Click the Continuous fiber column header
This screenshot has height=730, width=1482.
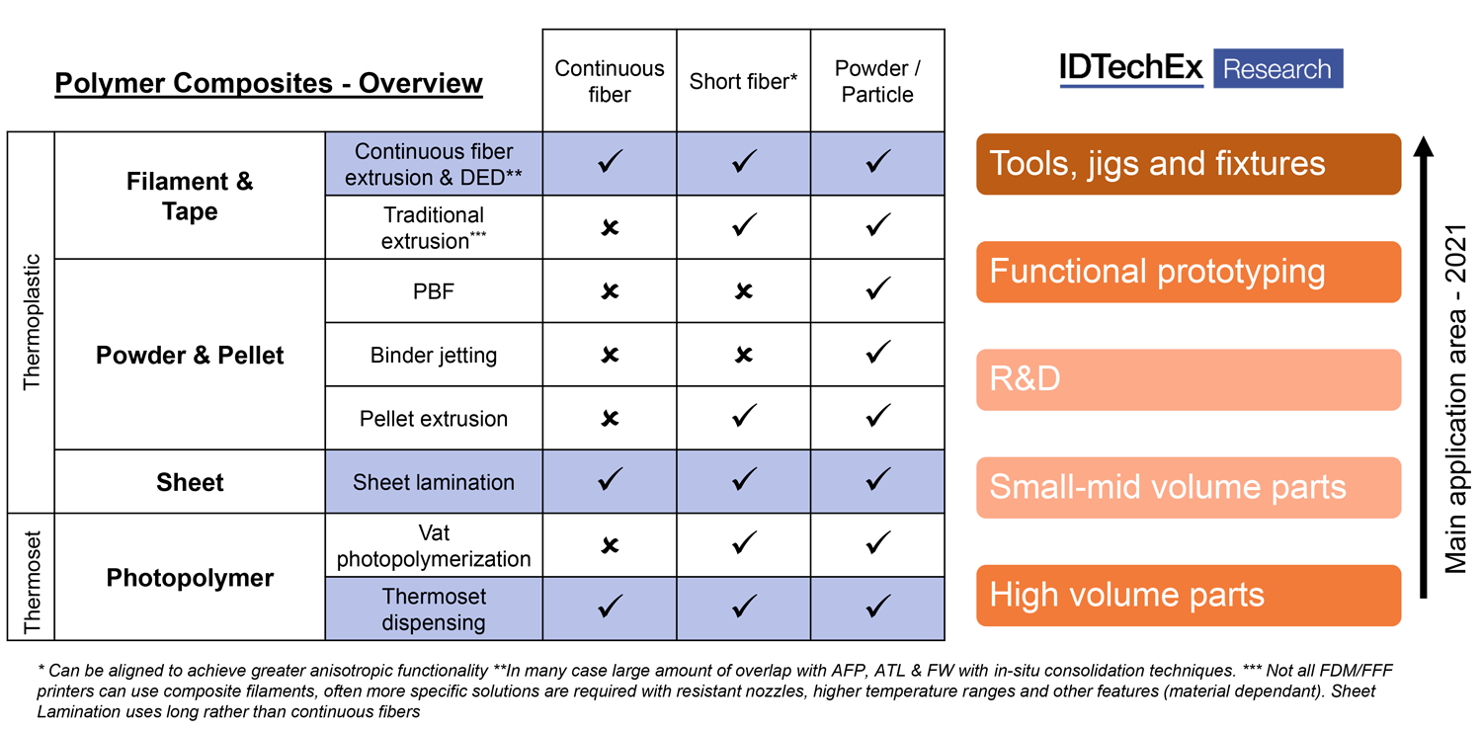point(610,81)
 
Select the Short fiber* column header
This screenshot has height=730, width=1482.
point(743,81)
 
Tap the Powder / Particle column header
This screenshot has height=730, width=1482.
point(877,81)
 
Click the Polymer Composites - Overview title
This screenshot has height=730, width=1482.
point(269,83)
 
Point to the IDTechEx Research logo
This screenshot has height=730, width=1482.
point(1200,69)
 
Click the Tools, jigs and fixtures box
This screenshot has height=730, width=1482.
point(1189,164)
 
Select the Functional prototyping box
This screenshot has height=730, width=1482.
point(1189,272)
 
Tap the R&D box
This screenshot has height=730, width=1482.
point(1189,379)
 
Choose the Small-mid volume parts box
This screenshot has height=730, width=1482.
point(1189,487)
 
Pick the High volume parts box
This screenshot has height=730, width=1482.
point(1189,595)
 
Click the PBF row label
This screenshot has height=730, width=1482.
point(434,291)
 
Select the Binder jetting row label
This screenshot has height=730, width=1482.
point(434,355)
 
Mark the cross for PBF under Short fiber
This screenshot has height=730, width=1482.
point(744,291)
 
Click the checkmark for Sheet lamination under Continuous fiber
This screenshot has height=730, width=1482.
point(611,480)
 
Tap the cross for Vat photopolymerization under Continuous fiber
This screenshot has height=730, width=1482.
point(611,545)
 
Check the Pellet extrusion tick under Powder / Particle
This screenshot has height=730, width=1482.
point(877,416)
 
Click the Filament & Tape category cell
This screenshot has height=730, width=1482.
point(190,196)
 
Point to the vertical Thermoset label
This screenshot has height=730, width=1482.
point(33,577)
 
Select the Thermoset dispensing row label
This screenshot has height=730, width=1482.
point(434,609)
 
